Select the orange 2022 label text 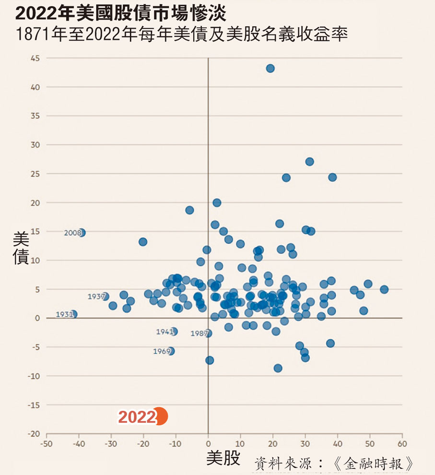(x=137, y=417)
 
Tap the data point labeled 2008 (x=82, y=233)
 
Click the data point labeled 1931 (x=73, y=314)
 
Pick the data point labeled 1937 (x=105, y=297)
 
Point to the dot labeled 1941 (x=174, y=332)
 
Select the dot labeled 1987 (x=208, y=333)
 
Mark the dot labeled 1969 (x=171, y=351)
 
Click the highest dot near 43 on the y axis (x=270, y=69)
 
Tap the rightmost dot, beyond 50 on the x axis (x=384, y=289)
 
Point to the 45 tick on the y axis (x=35, y=58)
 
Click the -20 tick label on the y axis (x=34, y=434)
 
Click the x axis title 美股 (x=223, y=458)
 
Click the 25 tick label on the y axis (x=35, y=174)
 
